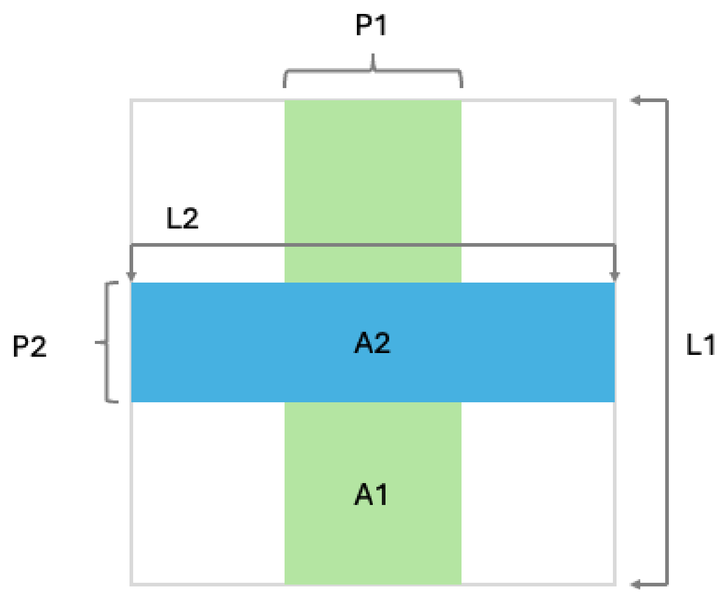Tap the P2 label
[30, 346]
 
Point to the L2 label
[182, 218]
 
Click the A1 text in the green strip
[371, 495]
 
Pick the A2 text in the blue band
[372, 343]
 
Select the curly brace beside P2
[107, 342]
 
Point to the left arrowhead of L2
[131, 276]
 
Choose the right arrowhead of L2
[614, 276]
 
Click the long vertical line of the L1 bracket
[667, 342]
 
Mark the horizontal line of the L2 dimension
[373, 244]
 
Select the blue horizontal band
[373, 342]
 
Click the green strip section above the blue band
[373, 191]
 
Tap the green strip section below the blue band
[373, 493]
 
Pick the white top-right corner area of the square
[538, 171]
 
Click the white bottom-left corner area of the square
[209, 493]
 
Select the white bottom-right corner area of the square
[538, 493]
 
